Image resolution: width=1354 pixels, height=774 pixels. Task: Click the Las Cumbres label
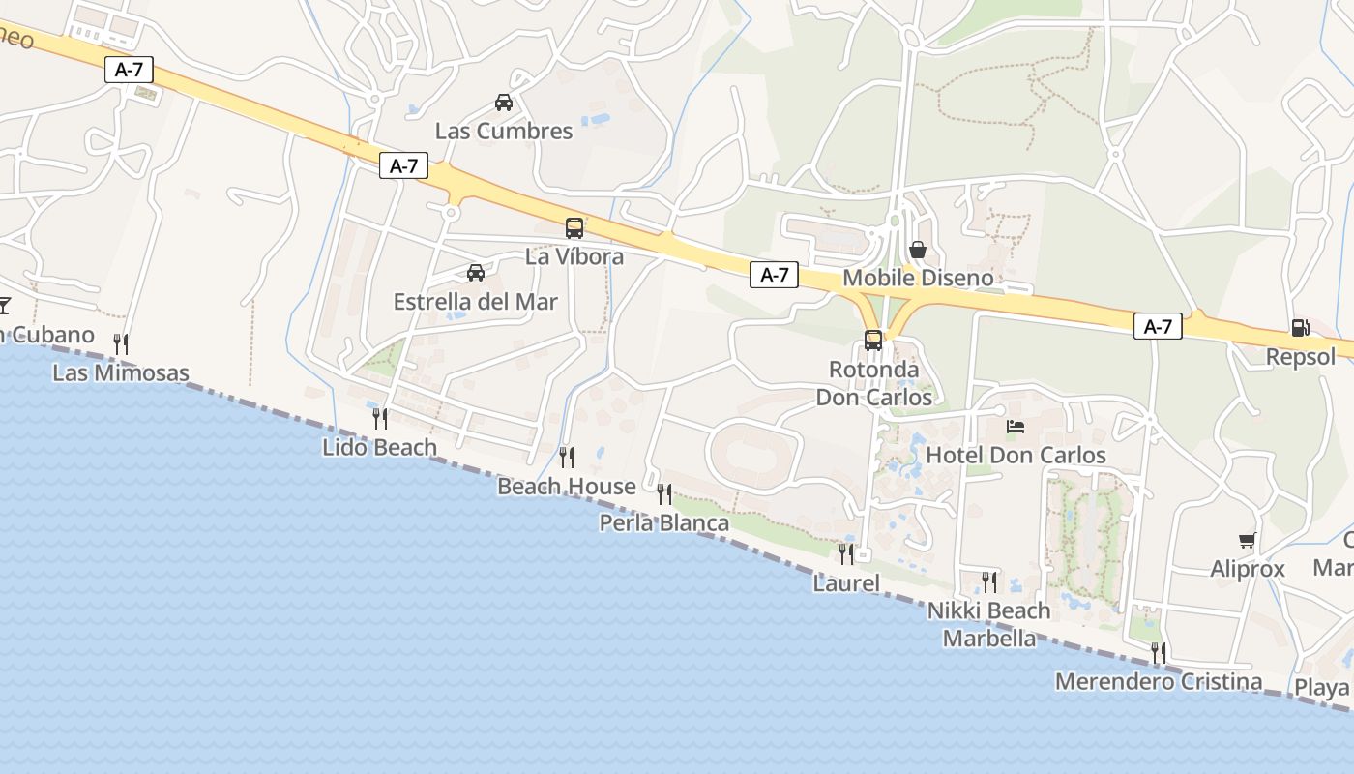click(x=504, y=131)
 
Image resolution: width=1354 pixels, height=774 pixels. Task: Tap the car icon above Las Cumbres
click(x=504, y=103)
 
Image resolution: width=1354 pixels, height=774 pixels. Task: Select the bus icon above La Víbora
click(x=574, y=228)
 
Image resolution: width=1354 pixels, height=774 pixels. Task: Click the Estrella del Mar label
click(x=475, y=302)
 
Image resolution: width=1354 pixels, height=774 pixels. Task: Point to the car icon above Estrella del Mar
click(x=476, y=273)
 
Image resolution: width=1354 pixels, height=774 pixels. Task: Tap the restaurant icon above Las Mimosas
click(x=121, y=343)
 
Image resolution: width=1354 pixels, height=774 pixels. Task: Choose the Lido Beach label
click(x=379, y=447)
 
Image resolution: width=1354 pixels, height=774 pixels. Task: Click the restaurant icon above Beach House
click(x=567, y=457)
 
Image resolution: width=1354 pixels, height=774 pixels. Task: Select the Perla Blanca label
click(x=664, y=523)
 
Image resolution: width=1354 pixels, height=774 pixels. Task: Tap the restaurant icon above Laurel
click(x=846, y=553)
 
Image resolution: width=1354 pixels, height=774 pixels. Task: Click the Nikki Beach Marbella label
click(x=988, y=624)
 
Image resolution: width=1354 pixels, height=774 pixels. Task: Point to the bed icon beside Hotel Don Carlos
click(x=1015, y=426)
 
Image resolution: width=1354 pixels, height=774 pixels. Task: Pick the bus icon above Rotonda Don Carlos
click(x=873, y=341)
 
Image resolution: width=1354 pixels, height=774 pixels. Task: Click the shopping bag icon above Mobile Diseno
click(x=918, y=250)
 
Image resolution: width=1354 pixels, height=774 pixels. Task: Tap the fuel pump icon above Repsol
click(x=1301, y=328)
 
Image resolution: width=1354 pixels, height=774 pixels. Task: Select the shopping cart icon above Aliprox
click(x=1248, y=541)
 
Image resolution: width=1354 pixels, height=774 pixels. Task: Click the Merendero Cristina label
click(x=1158, y=681)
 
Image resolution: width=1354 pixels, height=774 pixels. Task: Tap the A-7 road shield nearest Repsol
click(x=1158, y=326)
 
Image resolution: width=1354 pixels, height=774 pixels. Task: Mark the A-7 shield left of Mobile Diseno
click(x=775, y=275)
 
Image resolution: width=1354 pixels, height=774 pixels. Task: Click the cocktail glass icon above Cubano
click(x=3, y=306)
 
